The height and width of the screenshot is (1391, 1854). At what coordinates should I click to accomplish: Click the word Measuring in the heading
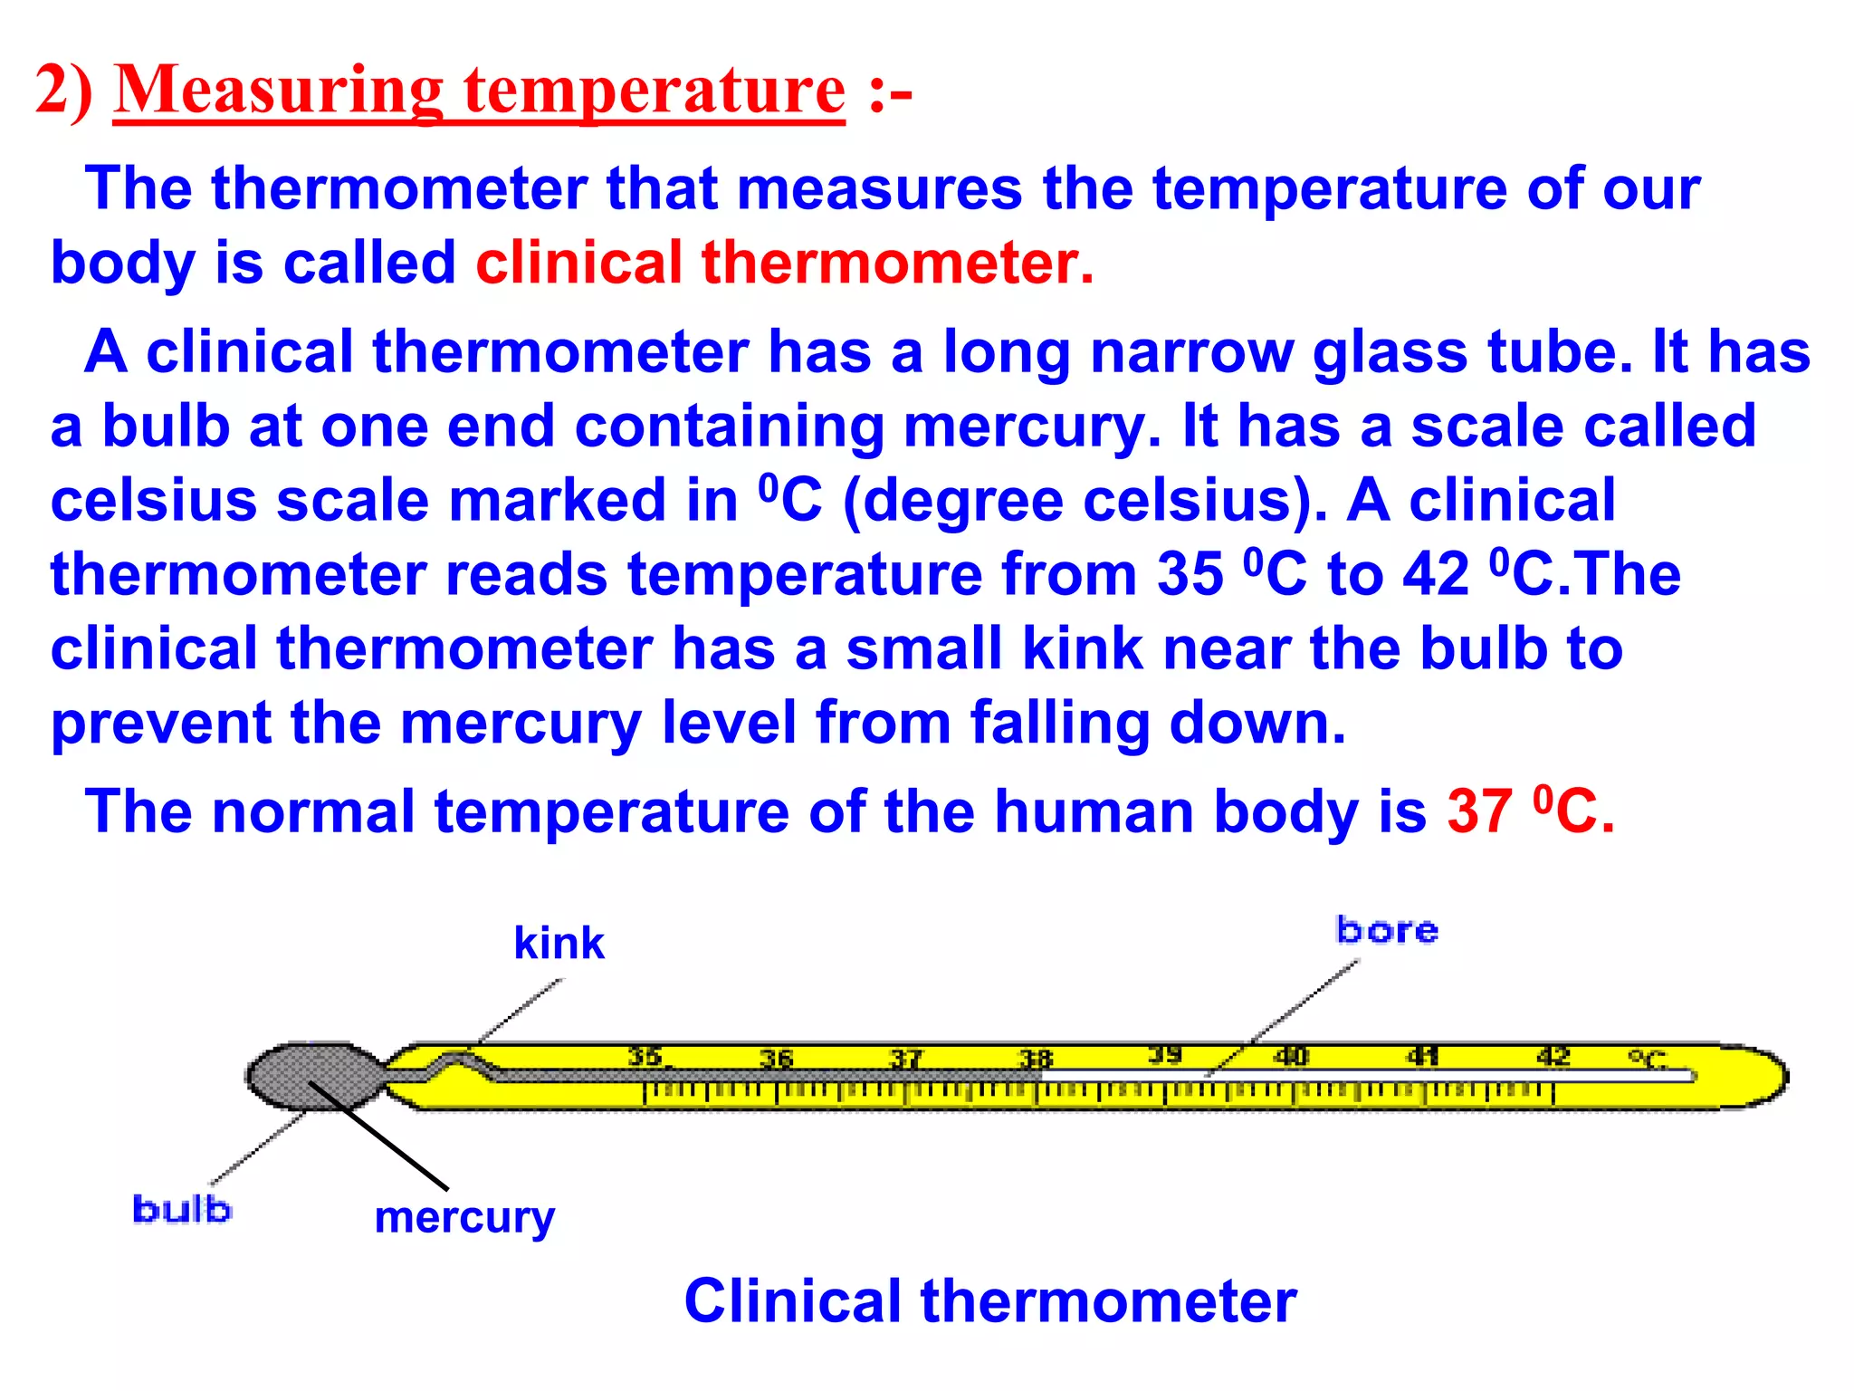pyautogui.click(x=278, y=91)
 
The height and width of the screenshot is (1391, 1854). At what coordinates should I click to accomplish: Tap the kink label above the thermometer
pyautogui.click(x=559, y=944)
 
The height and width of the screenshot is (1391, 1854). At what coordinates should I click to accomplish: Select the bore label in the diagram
pyautogui.click(x=1387, y=931)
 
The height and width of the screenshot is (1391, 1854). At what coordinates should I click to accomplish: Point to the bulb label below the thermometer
pyautogui.click(x=181, y=1210)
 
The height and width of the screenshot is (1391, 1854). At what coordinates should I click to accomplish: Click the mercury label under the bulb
pyautogui.click(x=464, y=1218)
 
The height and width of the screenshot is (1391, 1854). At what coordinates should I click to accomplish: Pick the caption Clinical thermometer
pyautogui.click(x=990, y=1301)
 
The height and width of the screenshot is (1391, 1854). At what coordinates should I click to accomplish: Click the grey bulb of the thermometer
pyautogui.click(x=312, y=1076)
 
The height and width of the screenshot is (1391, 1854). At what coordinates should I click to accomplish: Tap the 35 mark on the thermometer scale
pyautogui.click(x=645, y=1056)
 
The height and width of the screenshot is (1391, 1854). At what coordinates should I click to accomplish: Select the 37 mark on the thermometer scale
pyautogui.click(x=905, y=1058)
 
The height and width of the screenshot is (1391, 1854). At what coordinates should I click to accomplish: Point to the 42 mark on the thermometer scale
pyautogui.click(x=1553, y=1056)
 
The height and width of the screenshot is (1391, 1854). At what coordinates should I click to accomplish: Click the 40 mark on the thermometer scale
pyautogui.click(x=1292, y=1056)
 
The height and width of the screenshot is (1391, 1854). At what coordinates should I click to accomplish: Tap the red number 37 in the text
pyautogui.click(x=1479, y=811)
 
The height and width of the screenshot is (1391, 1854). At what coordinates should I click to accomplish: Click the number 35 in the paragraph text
pyautogui.click(x=1190, y=575)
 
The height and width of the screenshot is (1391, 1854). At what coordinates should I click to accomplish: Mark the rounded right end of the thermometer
pyautogui.click(x=1765, y=1076)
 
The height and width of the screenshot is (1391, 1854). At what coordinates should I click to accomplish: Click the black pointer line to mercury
pyautogui.click(x=380, y=1137)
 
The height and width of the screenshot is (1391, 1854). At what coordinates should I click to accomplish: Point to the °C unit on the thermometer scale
pyautogui.click(x=1648, y=1058)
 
